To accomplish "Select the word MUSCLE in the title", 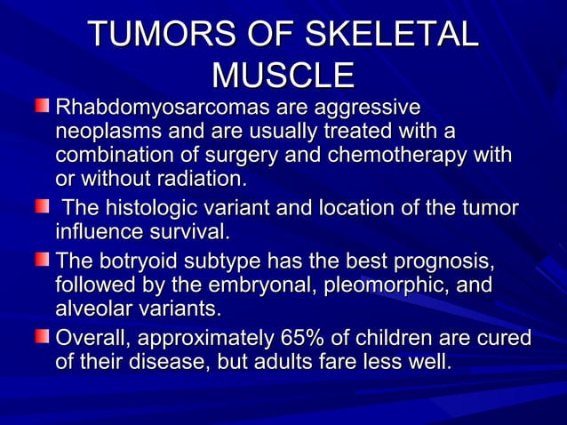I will pos(283,75).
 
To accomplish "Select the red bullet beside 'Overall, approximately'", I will pos(43,340).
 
